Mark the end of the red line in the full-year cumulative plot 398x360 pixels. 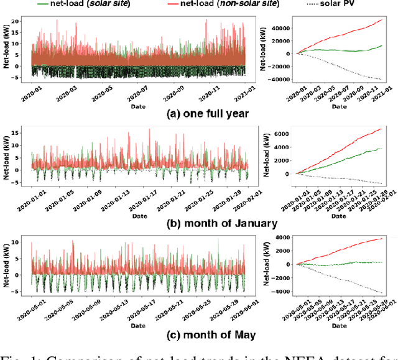pos(382,19)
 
